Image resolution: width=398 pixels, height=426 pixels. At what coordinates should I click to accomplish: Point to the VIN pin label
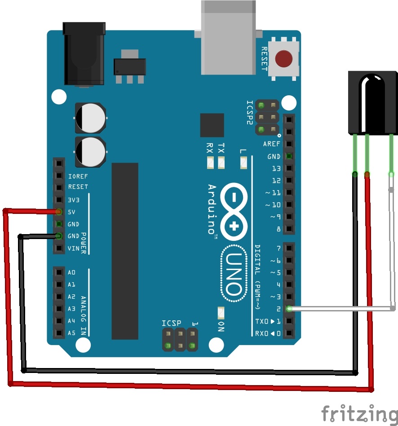(x=73, y=248)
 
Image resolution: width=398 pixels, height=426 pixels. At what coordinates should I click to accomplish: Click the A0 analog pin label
(x=72, y=272)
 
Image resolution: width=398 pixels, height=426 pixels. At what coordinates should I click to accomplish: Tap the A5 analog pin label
(x=72, y=333)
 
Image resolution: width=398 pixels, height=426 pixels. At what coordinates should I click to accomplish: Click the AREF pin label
(x=272, y=144)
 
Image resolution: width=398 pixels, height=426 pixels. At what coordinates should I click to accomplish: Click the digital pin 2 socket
(x=289, y=309)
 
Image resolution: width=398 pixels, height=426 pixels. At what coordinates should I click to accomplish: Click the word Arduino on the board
(x=212, y=209)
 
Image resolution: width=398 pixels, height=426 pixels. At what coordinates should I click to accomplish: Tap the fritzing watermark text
(x=359, y=413)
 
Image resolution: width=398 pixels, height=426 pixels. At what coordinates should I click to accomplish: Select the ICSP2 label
(x=250, y=111)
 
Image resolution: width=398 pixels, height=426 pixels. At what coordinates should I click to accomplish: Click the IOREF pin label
(x=78, y=176)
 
